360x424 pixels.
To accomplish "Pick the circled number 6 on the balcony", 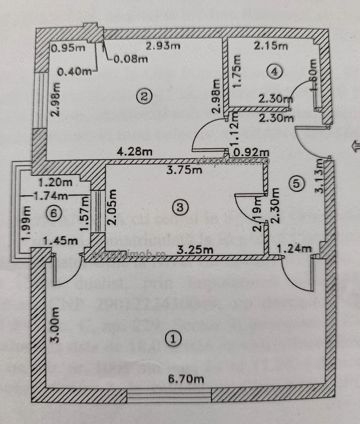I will tap(54, 213).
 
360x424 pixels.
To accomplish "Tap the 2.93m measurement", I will tap(163, 46).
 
